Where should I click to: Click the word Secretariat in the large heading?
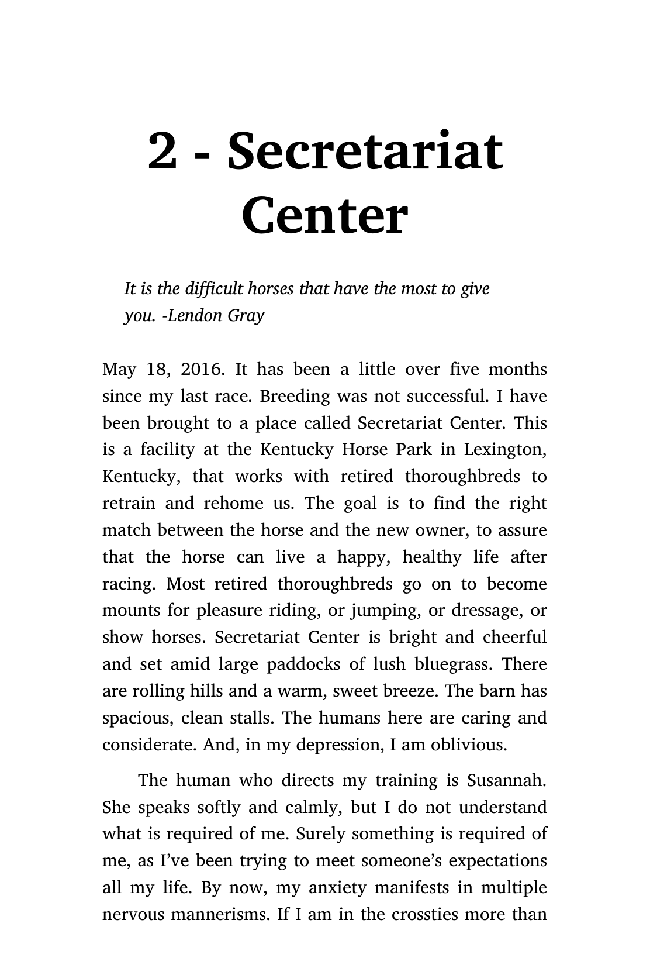(x=365, y=151)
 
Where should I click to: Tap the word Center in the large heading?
(x=324, y=215)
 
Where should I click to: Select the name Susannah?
(x=506, y=780)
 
